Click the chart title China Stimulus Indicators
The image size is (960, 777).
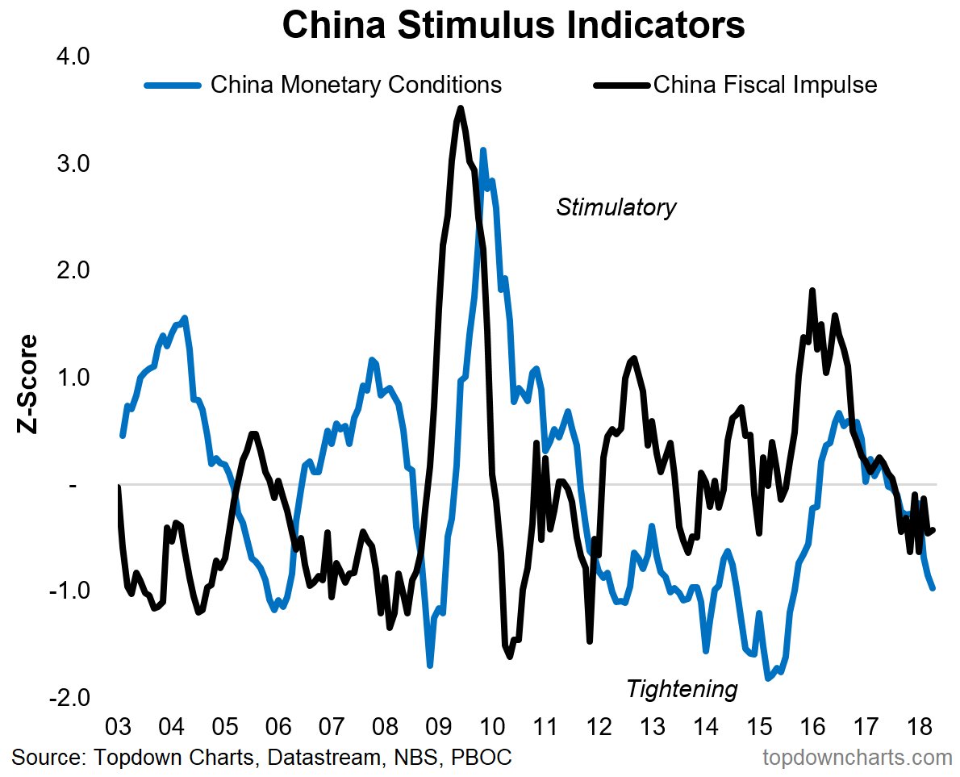(x=514, y=25)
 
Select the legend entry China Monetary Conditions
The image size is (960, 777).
(x=356, y=85)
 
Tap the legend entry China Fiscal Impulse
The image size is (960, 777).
(x=765, y=85)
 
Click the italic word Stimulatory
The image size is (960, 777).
(x=616, y=207)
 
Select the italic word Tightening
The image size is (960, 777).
(x=682, y=689)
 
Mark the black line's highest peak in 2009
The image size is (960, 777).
(x=461, y=108)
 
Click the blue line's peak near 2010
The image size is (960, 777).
(x=483, y=150)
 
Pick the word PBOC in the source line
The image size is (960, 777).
(x=482, y=758)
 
